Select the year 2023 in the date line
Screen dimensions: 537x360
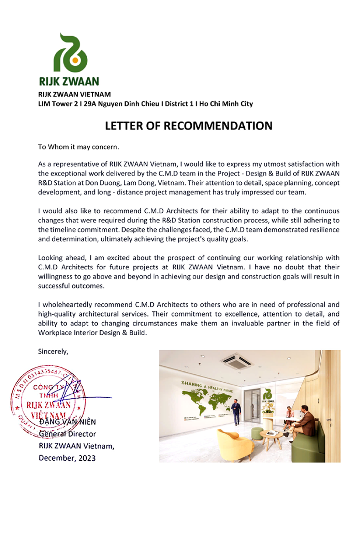point(85,458)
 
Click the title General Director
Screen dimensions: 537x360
point(67,433)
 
